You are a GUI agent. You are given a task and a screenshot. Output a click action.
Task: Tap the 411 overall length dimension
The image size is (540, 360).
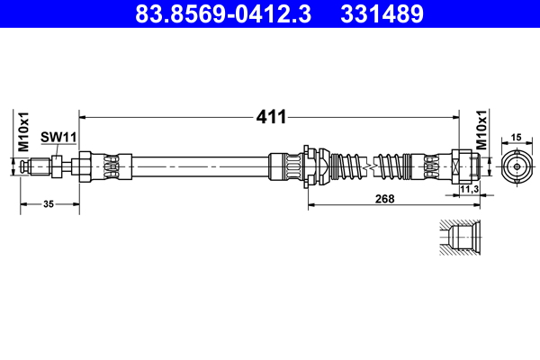tap(272, 116)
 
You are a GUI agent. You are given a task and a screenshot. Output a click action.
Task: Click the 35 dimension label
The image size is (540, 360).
tap(49, 204)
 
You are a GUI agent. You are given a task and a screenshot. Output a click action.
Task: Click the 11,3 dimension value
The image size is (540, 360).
tap(468, 190)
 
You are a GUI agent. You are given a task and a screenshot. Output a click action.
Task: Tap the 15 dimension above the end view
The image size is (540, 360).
tap(516, 136)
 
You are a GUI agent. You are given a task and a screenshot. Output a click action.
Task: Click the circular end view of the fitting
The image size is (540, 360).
tap(516, 166)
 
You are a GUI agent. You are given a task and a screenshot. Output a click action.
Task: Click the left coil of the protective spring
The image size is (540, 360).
tap(348, 166)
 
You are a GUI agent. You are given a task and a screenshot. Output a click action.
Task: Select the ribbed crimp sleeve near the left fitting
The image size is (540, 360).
tap(112, 166)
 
